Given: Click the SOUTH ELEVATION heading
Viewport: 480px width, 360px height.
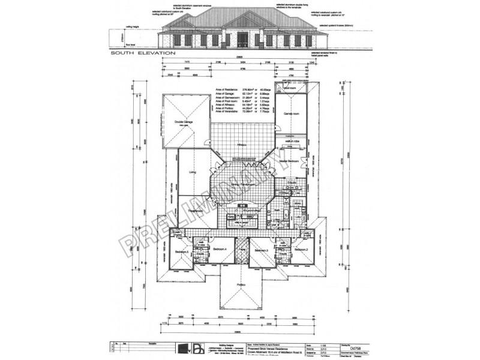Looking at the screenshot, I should point(143,53).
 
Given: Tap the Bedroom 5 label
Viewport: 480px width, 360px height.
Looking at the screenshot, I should point(182,252).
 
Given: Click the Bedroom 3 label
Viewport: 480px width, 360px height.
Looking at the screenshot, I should point(260,250).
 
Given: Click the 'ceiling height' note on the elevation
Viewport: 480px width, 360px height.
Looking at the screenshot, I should point(132,26).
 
